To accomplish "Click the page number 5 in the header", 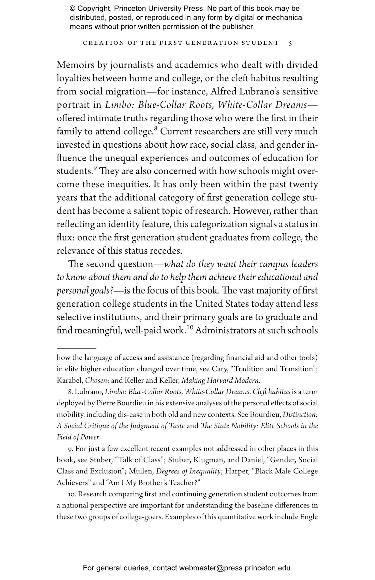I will pos(290,43).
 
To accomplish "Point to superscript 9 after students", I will pos(95,168).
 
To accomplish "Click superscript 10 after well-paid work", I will pos(190,328).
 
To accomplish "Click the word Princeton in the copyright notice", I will pos(130,9).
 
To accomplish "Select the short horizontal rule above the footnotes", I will pos(76,348).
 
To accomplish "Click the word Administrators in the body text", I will pos(226,331).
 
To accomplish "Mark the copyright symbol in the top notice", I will pos(73,9).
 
